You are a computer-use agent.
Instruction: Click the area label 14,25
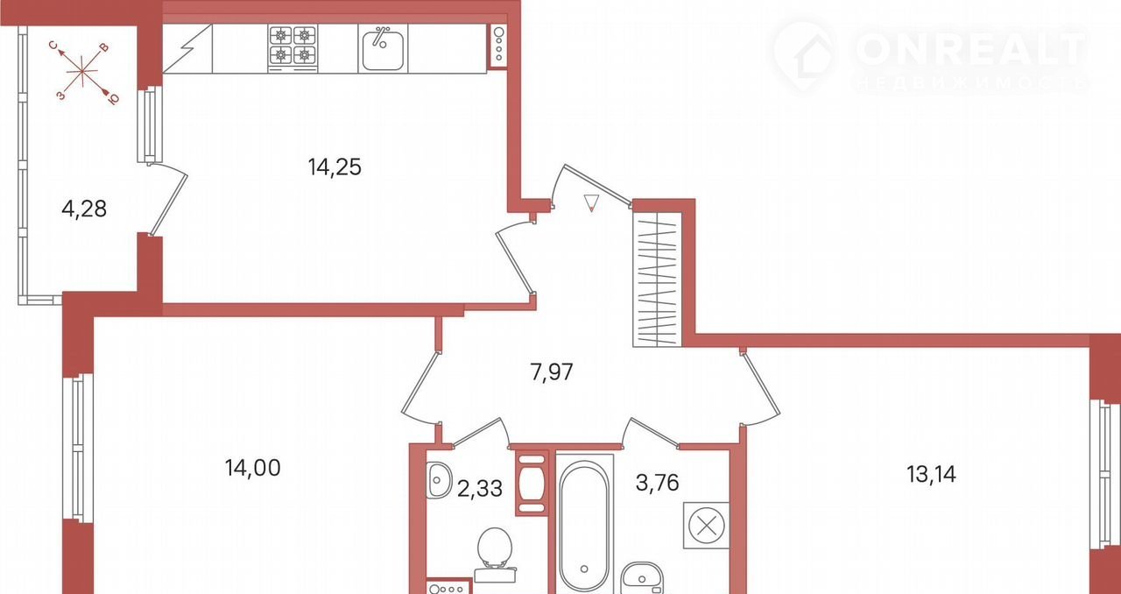tap(335, 167)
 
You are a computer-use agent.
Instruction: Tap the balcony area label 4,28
tap(84, 209)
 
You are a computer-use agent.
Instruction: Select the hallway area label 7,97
tap(552, 372)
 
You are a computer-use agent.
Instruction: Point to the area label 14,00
tap(253, 468)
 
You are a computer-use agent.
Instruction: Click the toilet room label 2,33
tap(479, 488)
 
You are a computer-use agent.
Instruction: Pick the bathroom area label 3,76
tap(657, 483)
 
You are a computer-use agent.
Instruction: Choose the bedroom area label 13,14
tap(931, 474)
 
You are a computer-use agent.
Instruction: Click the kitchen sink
tap(383, 48)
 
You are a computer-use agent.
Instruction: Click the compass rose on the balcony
tap(82, 72)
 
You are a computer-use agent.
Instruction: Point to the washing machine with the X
tap(706, 526)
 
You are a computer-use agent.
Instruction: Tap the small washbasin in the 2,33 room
tap(439, 480)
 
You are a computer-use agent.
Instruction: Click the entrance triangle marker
tap(591, 203)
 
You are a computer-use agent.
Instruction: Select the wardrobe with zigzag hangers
tap(658, 279)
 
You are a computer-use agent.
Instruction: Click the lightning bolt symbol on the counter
tap(187, 49)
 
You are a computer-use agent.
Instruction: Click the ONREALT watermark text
tap(971, 49)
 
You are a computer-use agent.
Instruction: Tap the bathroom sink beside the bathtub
tap(642, 578)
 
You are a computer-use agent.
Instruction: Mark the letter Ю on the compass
tap(114, 100)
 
